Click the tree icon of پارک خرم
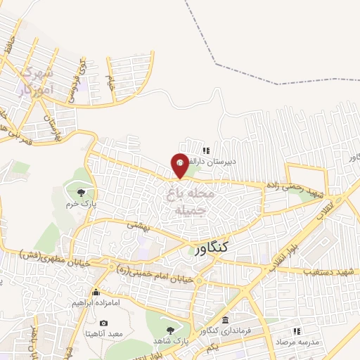pyautogui.click(x=82, y=191)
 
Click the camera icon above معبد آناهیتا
pyautogui.click(x=104, y=323)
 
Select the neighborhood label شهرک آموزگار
pyautogui.click(x=34, y=79)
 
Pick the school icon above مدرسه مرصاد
pyautogui.click(x=296, y=330)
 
